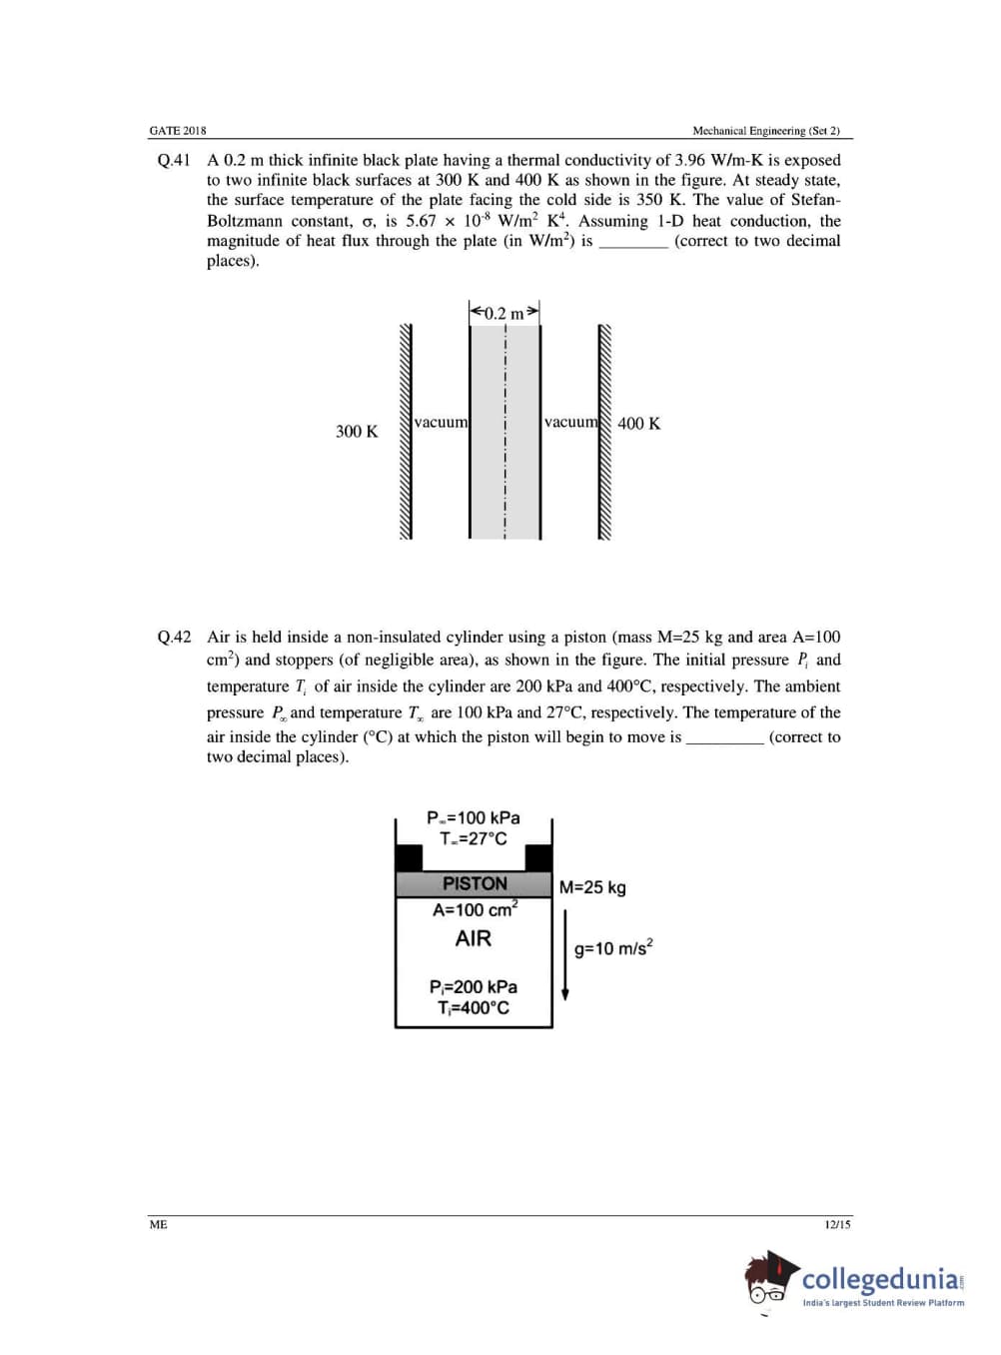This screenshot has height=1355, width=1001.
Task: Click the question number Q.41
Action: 174,160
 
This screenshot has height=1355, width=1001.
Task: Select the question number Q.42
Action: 174,637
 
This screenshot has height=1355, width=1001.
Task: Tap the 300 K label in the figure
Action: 357,432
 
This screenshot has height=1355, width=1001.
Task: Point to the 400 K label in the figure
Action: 638,423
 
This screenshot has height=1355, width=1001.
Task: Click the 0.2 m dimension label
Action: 503,313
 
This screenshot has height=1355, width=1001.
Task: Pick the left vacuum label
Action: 441,422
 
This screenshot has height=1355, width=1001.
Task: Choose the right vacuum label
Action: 570,422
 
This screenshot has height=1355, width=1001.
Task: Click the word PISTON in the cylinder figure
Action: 475,883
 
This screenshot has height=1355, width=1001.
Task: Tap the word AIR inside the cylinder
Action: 474,938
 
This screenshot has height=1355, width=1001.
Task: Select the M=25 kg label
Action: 592,887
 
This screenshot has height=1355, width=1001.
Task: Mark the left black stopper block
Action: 409,857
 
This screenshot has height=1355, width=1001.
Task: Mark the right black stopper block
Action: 538,857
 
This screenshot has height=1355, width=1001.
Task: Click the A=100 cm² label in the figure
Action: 475,909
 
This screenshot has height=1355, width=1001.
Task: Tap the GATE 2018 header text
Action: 178,131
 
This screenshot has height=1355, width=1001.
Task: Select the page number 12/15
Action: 837,1224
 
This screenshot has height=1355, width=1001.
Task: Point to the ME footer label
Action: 158,1224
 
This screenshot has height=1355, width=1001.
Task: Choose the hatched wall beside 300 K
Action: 406,432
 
